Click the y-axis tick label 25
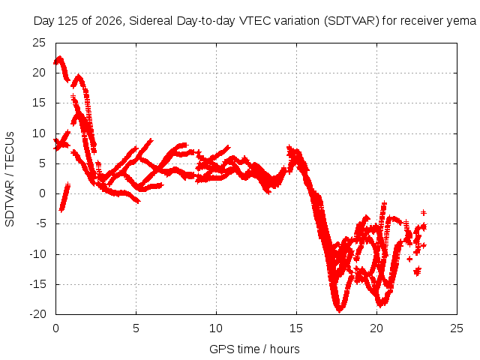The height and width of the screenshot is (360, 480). (x=39, y=43)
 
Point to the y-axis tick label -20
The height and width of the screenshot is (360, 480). (x=37, y=314)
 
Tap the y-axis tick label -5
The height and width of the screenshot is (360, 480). (x=40, y=223)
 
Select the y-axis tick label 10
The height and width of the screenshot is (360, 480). (x=39, y=133)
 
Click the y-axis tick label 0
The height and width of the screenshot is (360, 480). (x=42, y=193)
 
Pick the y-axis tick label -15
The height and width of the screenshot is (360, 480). (x=37, y=284)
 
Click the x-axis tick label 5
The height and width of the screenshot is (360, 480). (x=136, y=328)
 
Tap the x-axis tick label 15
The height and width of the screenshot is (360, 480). (x=296, y=328)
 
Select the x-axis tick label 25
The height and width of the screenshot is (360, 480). (x=457, y=328)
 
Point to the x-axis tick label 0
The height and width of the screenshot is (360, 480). (x=55, y=328)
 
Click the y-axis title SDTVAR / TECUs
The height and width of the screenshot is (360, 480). (x=10, y=179)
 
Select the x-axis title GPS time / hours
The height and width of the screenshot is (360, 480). (x=254, y=349)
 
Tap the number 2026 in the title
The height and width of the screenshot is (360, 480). (x=109, y=21)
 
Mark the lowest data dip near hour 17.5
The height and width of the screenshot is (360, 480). (x=339, y=310)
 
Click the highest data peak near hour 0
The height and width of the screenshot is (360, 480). (x=59, y=58)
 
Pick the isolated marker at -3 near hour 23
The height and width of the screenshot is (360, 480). (x=423, y=212)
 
